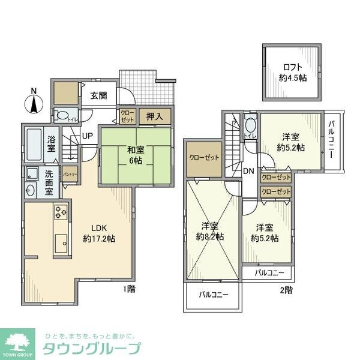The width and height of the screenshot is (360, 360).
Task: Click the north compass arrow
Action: coord(34,104)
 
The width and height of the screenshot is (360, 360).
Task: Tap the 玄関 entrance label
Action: coord(99,95)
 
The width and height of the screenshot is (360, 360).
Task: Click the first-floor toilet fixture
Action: coord(62,116)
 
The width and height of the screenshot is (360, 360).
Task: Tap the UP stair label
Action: coord(88,137)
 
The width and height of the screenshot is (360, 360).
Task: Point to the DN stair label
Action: coord(248,171)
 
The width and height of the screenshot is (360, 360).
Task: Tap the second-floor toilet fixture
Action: coord(250,125)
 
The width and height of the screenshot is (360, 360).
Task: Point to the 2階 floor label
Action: coord(287,290)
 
